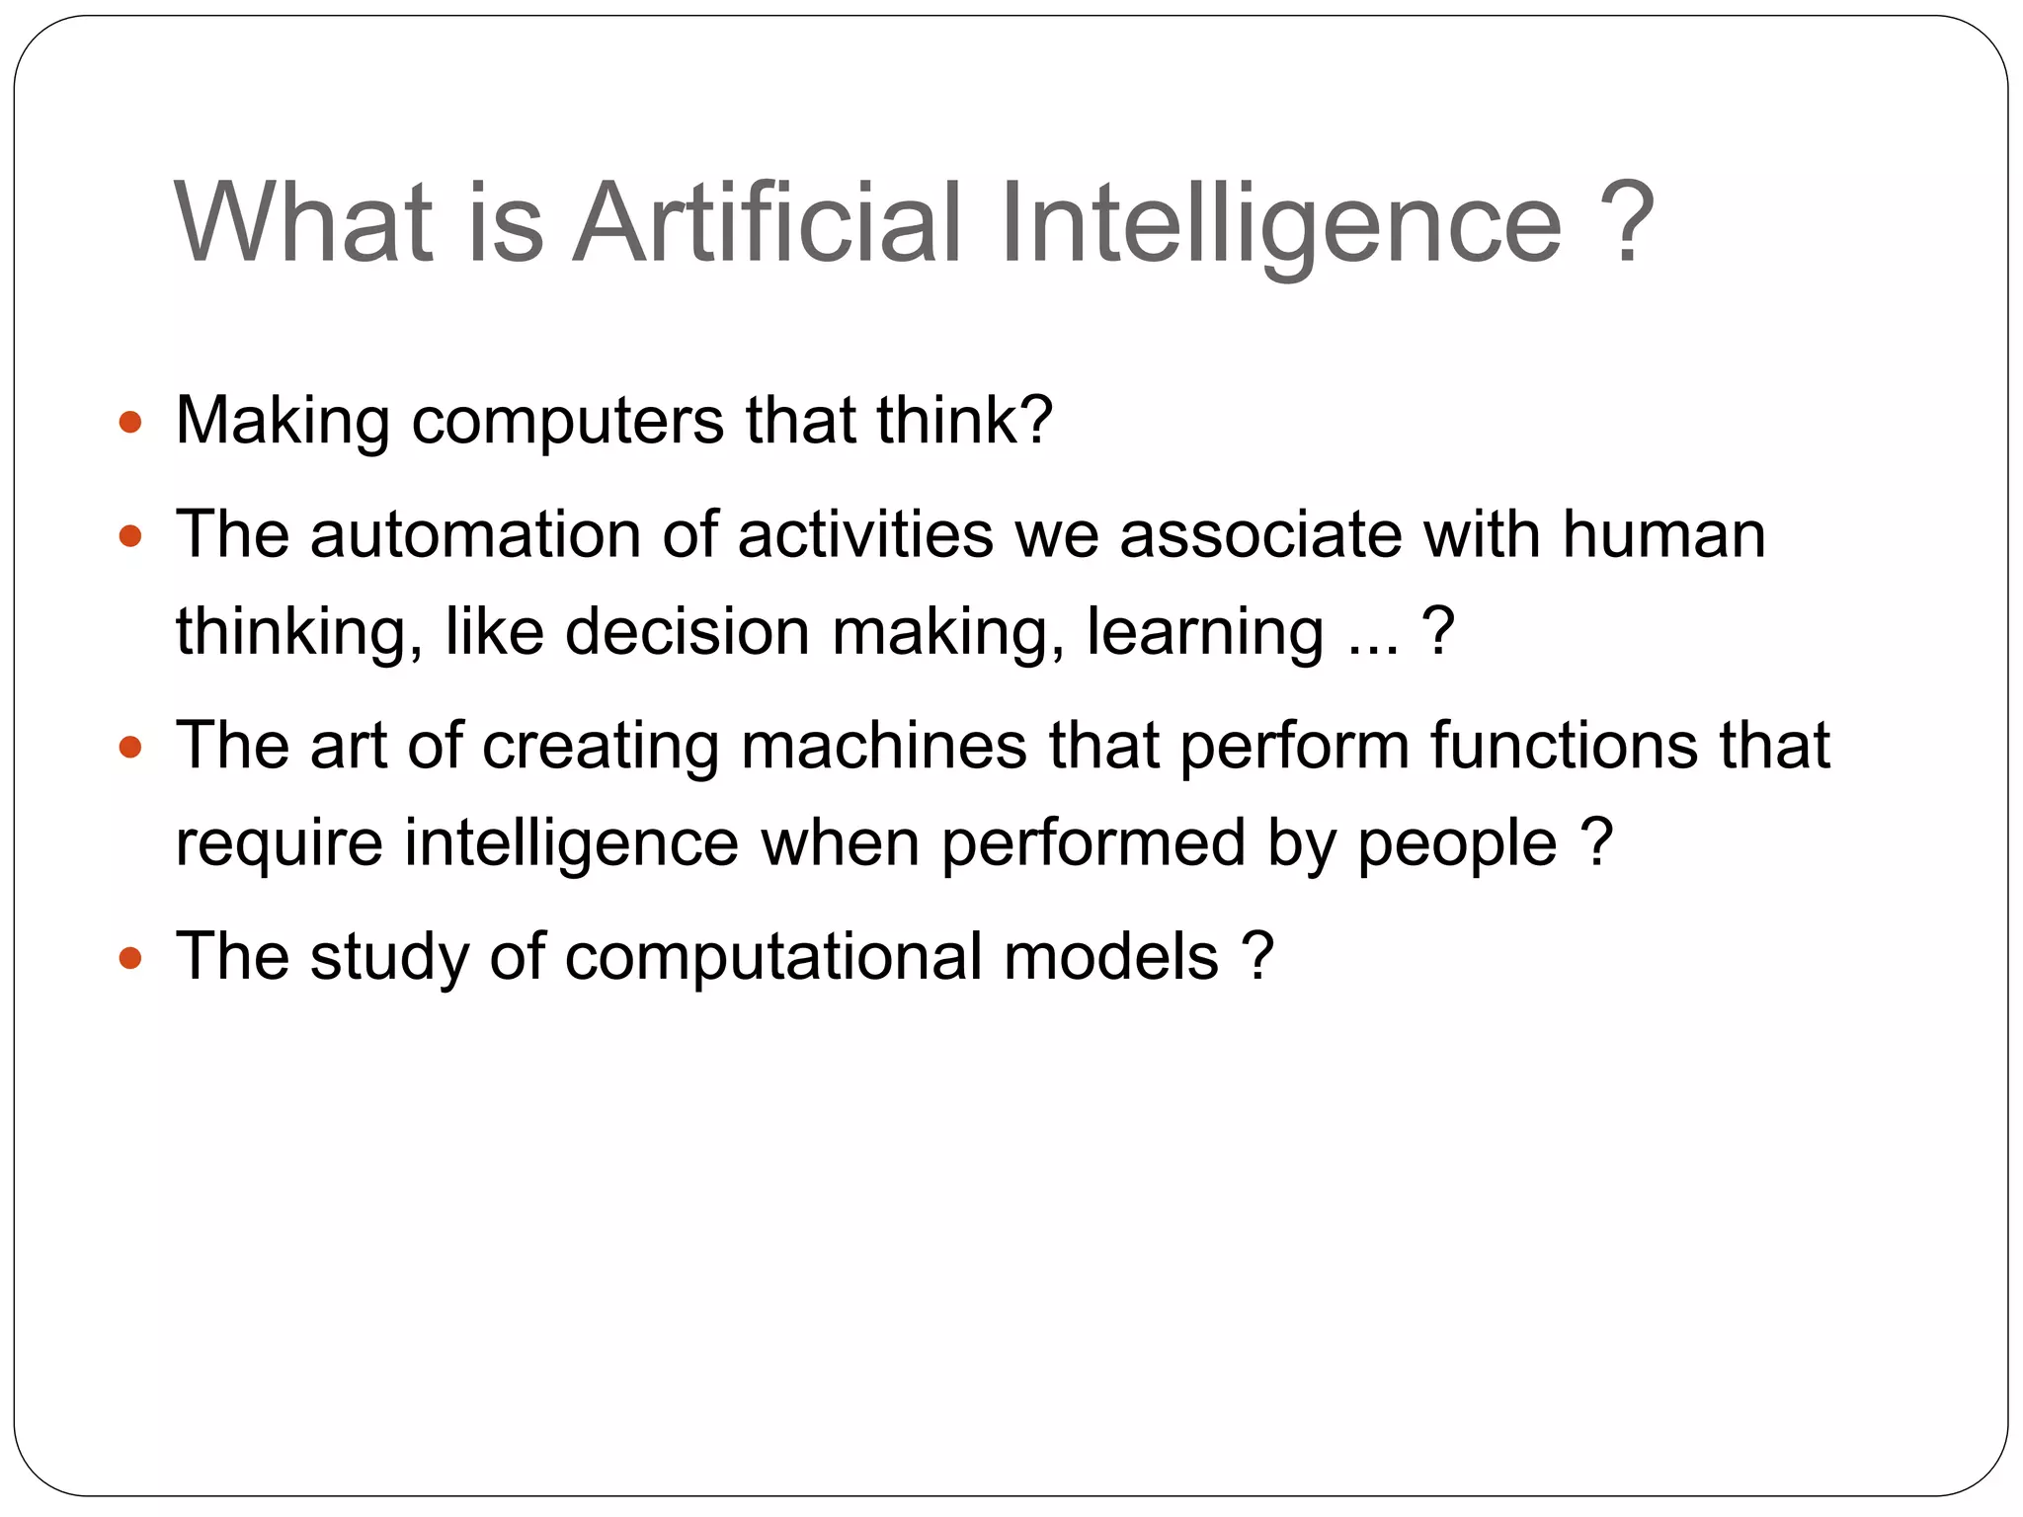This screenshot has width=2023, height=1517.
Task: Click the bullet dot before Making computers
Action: (x=130, y=424)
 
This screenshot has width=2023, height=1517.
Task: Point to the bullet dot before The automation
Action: (x=130, y=537)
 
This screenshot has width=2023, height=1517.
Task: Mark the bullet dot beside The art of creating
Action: (x=130, y=747)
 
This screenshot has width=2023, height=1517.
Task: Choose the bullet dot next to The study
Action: (x=130, y=958)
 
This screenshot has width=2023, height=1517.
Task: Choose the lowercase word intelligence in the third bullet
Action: (x=571, y=843)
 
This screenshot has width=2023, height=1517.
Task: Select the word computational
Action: (x=773, y=958)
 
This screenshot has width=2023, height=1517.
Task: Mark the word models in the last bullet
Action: (x=1111, y=956)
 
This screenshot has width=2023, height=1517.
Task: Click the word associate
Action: (x=1260, y=535)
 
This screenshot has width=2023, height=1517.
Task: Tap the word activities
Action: (x=865, y=535)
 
